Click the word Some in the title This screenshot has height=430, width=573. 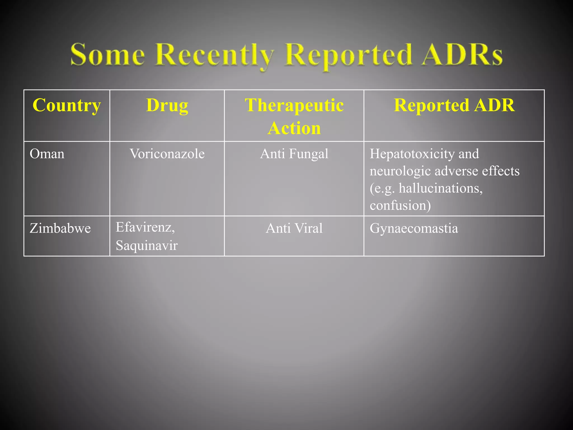coord(108,55)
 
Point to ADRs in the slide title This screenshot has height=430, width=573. coord(462,55)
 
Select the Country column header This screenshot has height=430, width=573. coord(67,106)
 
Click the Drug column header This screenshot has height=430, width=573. coord(167,106)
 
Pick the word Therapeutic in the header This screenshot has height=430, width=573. coord(294,106)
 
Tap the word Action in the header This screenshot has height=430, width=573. coord(294,128)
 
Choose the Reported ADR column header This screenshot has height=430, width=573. coord(454,106)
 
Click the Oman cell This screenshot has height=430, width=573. coord(47,154)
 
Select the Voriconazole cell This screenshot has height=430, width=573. coord(167,154)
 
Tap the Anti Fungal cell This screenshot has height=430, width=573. coord(294,154)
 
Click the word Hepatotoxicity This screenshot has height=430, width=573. coord(411,154)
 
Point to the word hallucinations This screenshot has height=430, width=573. coord(441,188)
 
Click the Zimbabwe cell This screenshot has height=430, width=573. coord(60,228)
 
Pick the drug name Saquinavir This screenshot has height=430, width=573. coord(147,246)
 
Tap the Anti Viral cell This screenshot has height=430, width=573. coord(294,228)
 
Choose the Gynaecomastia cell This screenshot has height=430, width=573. coord(414,228)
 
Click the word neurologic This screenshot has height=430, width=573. coord(400,171)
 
